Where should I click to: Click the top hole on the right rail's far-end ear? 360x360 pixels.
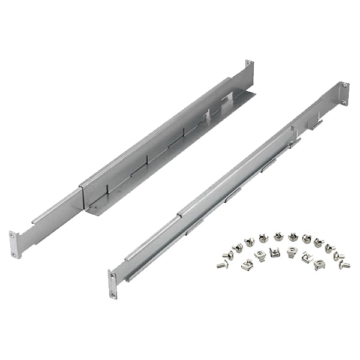344,86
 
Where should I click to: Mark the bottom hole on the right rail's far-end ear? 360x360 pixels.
344,97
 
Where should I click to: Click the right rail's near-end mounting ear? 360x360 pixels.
113,284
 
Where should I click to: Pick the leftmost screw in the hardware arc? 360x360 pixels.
221,263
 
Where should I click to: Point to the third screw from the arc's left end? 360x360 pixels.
236,244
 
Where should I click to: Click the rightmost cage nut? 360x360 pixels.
319,262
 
